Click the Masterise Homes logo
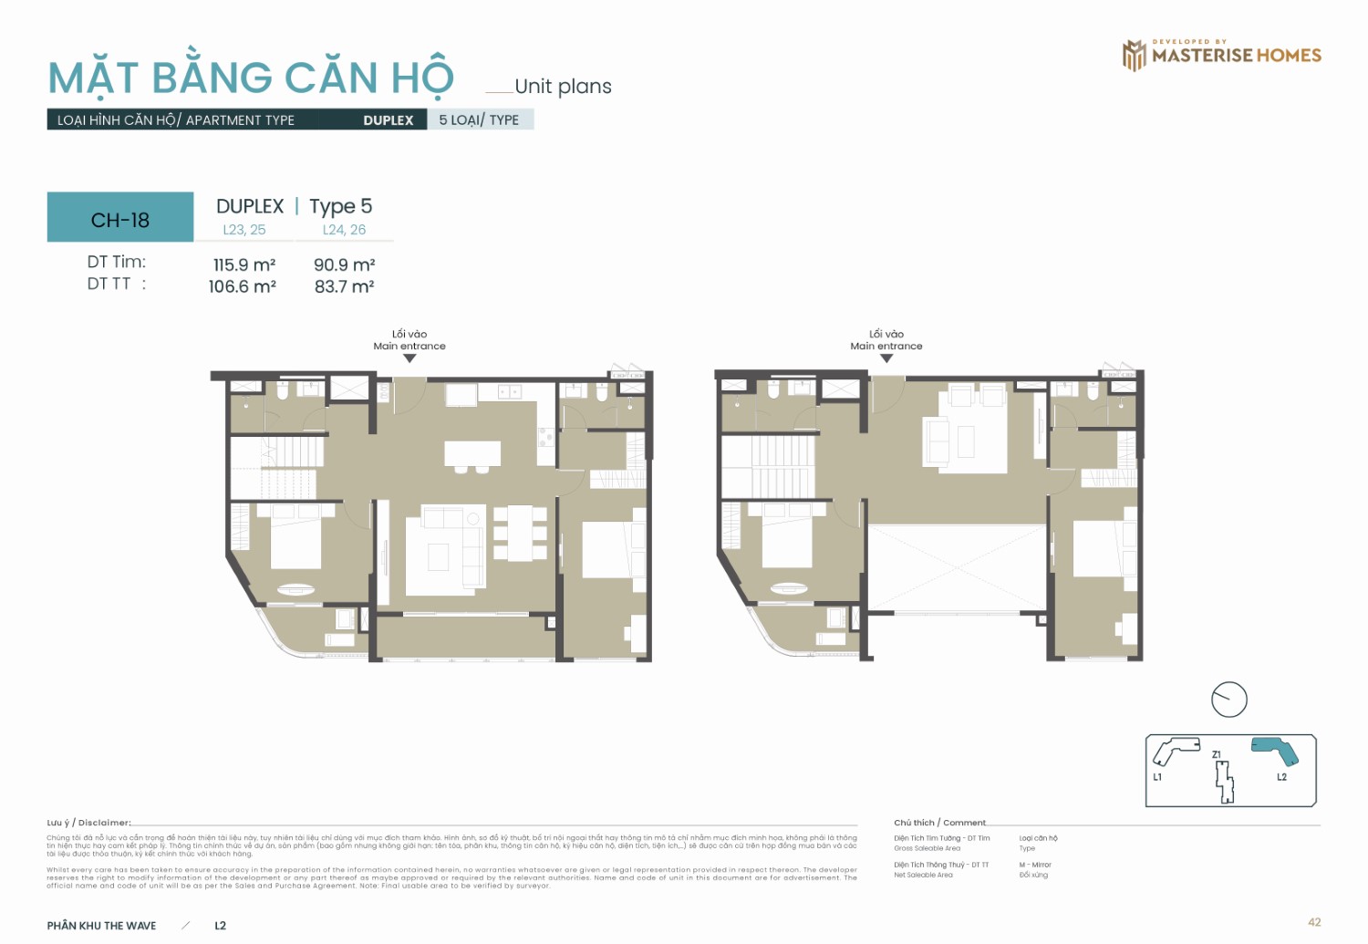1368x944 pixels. point(1221,55)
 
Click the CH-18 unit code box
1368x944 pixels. point(120,218)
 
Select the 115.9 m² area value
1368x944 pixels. point(244,265)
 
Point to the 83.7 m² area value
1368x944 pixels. point(344,286)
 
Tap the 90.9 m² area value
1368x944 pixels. point(344,265)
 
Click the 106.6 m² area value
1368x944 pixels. point(242,286)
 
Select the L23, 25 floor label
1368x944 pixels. point(244,230)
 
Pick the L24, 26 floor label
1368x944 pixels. point(344,230)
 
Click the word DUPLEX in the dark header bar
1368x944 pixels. point(388,120)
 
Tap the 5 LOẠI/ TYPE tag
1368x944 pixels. point(479,119)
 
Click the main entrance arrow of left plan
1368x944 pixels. point(409,358)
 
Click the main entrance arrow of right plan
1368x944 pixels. point(886,358)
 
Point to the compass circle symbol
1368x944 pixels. point(1228,700)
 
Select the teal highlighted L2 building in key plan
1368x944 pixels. point(1275,750)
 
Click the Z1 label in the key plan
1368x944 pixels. point(1217,754)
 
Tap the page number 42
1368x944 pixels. point(1313,922)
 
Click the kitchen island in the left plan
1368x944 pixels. point(472,453)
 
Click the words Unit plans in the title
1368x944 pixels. point(563,87)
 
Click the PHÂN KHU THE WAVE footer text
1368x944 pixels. point(101,925)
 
